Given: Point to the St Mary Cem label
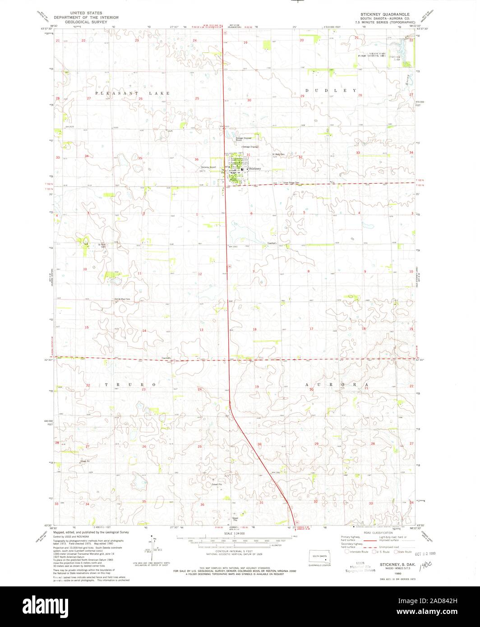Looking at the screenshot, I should (x=278, y=155).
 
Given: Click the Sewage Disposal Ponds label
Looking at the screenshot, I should (x=243, y=139).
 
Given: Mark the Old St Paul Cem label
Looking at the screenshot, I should (x=122, y=299).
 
